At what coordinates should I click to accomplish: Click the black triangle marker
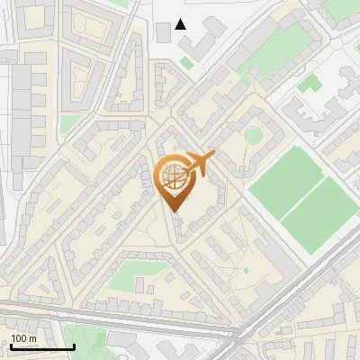(x=181, y=24)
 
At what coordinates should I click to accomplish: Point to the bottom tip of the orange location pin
(x=174, y=211)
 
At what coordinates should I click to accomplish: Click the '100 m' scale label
(x=23, y=338)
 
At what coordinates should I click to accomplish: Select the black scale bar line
(x=42, y=346)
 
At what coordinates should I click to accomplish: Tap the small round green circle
(x=254, y=135)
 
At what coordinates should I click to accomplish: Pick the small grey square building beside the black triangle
(x=163, y=32)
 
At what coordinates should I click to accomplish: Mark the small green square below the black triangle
(x=186, y=63)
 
